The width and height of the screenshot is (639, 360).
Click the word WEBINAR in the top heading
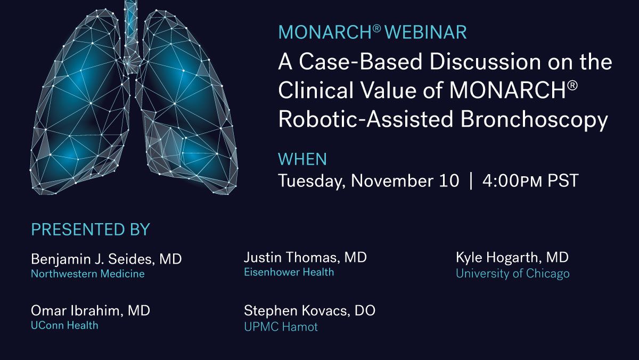[425, 32]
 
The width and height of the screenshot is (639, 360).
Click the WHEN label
[302, 159]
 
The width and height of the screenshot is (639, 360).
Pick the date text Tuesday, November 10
[368, 181]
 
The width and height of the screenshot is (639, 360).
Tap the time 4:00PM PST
[530, 181]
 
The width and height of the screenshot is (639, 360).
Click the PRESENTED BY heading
[91, 230]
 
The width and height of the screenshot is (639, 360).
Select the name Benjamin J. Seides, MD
[106, 259]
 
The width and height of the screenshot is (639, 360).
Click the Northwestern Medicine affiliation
[88, 274]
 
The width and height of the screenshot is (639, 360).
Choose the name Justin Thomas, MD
[305, 258]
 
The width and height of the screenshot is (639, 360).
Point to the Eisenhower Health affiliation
[289, 272]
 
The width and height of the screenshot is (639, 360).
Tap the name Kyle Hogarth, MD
[512, 258]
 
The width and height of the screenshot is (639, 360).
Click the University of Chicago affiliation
[512, 274]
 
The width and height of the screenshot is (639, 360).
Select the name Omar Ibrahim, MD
[91, 310]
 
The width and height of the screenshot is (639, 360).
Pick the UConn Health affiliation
[64, 325]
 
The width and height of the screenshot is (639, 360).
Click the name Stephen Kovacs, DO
[309, 310]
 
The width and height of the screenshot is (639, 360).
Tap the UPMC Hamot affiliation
[281, 326]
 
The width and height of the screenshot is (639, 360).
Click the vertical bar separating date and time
[471, 181]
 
